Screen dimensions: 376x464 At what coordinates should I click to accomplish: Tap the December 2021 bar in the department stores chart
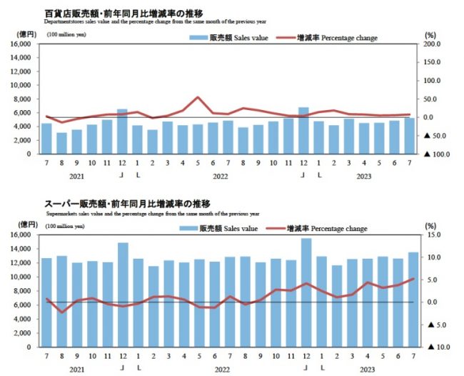click(x=122, y=132)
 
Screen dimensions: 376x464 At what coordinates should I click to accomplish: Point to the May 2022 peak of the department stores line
click(x=198, y=97)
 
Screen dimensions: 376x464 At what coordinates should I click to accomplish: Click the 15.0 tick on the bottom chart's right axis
click(x=433, y=235)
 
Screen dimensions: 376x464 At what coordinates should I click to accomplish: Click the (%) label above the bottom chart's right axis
click(x=430, y=225)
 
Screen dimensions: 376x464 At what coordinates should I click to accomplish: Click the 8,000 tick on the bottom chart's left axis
click(x=21, y=291)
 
